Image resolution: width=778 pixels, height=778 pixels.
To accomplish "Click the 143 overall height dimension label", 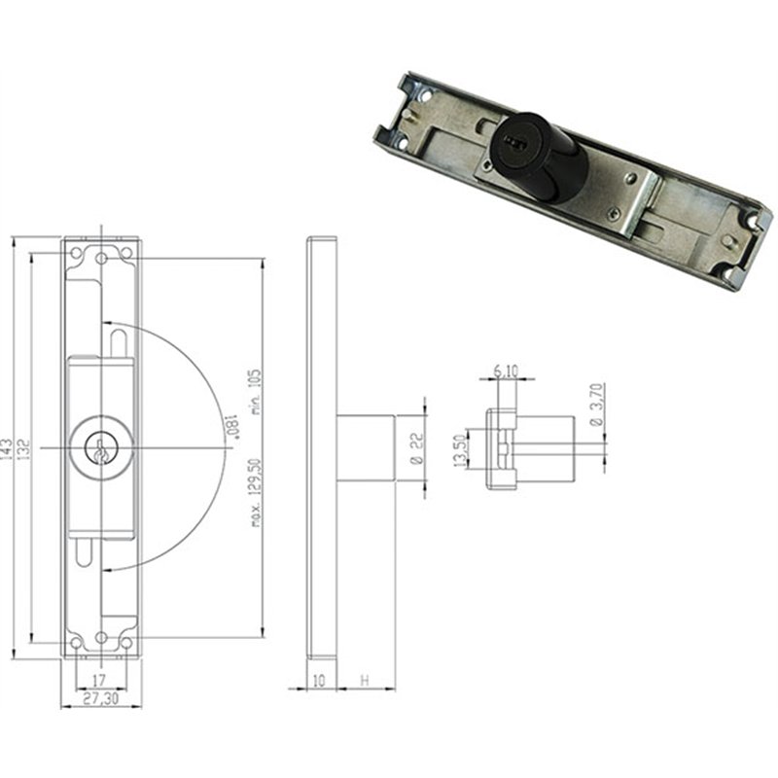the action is click(7, 448).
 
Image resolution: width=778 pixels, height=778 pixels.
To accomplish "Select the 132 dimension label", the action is click(24, 448).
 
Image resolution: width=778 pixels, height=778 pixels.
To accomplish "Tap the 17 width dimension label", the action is click(99, 679).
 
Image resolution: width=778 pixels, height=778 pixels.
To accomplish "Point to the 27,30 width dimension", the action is click(101, 698).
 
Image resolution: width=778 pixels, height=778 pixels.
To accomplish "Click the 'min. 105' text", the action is click(256, 392).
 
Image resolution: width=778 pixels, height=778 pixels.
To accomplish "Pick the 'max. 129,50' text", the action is click(256, 492).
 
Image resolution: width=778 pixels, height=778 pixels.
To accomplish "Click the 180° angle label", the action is click(232, 427).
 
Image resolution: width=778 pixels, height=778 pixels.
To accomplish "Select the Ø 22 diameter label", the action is click(418, 448).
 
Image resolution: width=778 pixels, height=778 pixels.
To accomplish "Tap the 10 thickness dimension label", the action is click(319, 680).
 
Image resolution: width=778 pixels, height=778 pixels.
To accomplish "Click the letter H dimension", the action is click(365, 680).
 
